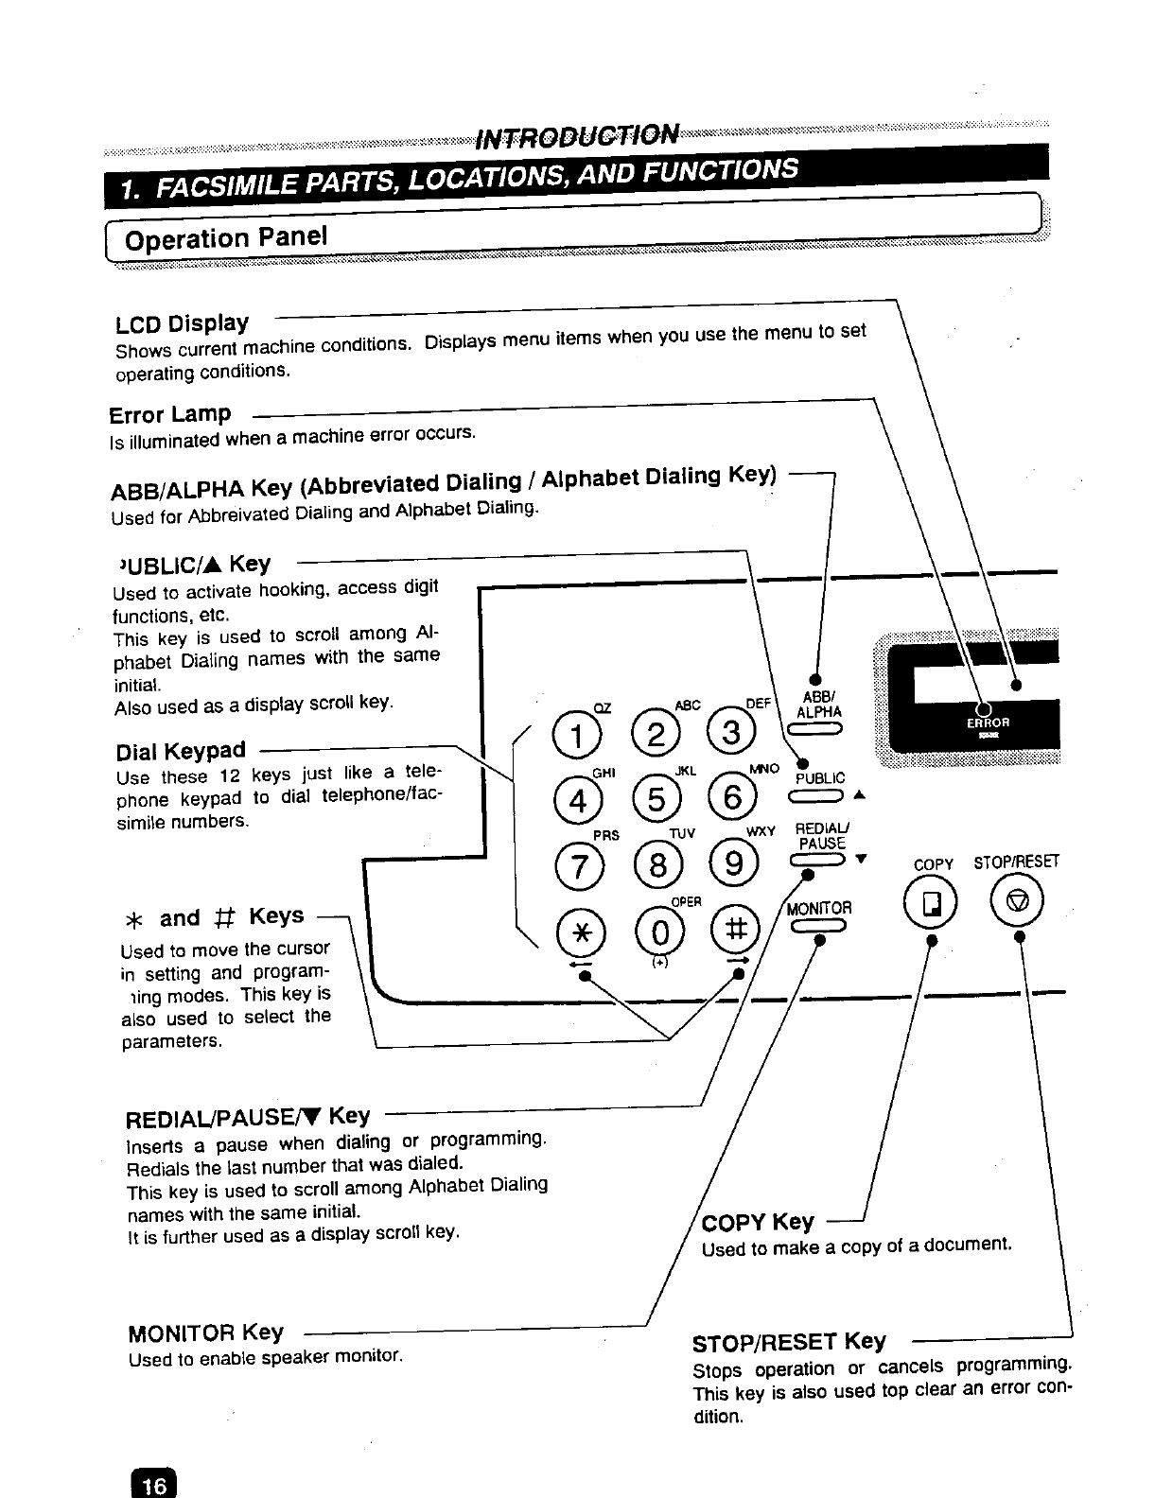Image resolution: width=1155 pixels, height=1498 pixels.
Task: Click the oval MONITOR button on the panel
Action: click(x=820, y=928)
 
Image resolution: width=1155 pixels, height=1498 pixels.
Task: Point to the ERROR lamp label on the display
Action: click(x=988, y=722)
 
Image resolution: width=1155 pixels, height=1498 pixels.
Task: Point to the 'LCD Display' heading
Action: click(x=182, y=323)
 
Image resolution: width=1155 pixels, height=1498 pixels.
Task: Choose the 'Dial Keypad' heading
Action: click(x=180, y=751)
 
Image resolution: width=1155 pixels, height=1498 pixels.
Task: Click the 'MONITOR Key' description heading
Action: click(x=205, y=1333)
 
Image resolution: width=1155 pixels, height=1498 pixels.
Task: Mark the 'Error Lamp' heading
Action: click(x=170, y=414)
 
